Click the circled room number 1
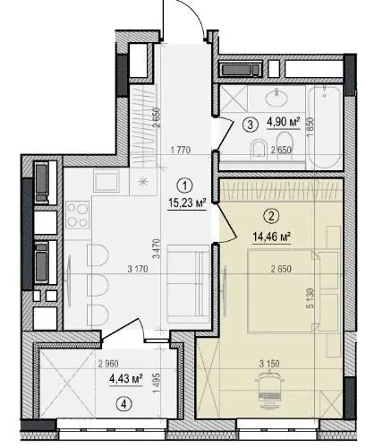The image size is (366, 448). click(x=185, y=186)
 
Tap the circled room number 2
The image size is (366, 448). click(x=271, y=216)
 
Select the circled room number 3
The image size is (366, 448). click(x=251, y=125)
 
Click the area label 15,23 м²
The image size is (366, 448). click(x=187, y=203)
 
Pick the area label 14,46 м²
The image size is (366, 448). click(x=271, y=237)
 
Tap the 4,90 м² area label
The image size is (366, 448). click(x=284, y=122)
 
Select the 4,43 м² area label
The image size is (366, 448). click(x=126, y=379)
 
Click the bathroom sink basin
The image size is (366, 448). click(x=277, y=97)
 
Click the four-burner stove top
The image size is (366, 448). click(x=78, y=214)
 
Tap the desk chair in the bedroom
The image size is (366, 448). click(x=270, y=389)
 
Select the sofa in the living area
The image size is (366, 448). click(x=189, y=284)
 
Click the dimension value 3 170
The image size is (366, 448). click(x=138, y=269)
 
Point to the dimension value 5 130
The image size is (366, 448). click(x=311, y=297)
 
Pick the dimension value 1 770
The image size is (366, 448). click(x=181, y=150)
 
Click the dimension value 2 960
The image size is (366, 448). click(x=108, y=364)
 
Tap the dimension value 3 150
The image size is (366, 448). click(x=269, y=364)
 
